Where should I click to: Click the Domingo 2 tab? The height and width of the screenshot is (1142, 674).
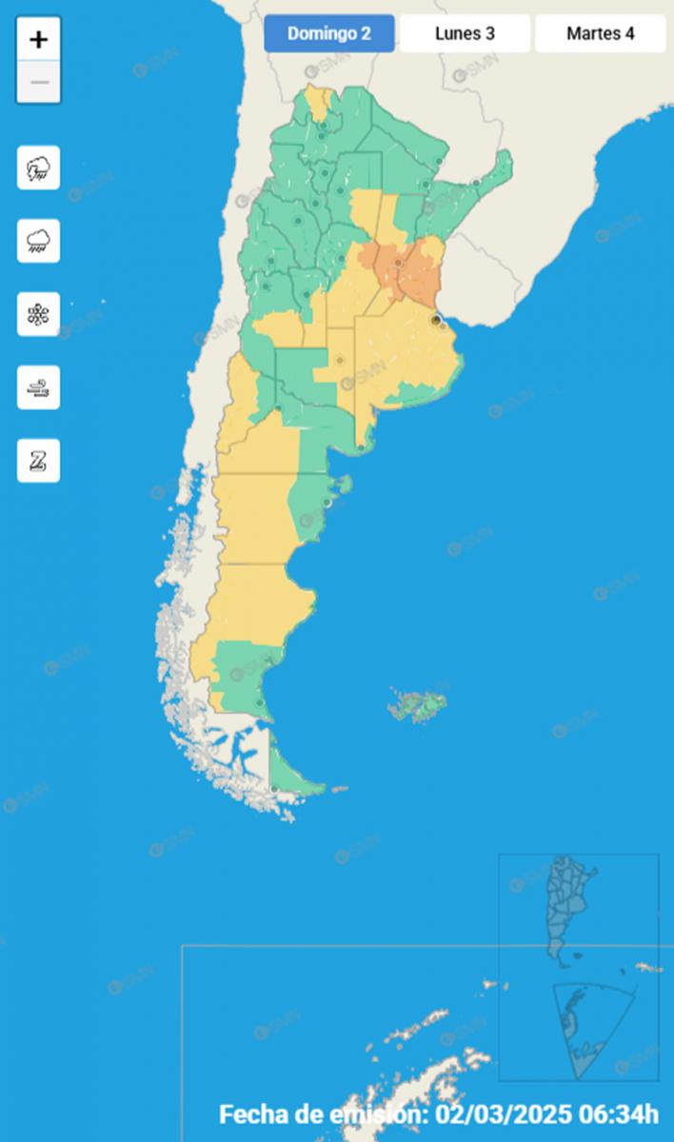(x=328, y=33)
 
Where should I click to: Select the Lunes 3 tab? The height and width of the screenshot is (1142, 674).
(x=465, y=33)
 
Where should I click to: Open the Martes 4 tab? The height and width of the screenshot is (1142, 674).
(x=600, y=33)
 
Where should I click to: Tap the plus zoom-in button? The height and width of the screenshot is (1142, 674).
(x=39, y=39)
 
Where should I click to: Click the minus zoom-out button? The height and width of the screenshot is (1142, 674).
(x=39, y=82)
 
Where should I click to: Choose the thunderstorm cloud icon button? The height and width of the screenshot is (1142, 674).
(x=38, y=168)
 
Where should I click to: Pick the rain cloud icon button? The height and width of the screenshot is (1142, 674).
(x=38, y=241)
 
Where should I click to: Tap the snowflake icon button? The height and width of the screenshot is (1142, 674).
(x=38, y=314)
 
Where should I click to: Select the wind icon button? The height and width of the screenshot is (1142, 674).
(x=38, y=387)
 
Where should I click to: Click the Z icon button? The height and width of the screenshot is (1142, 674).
(x=38, y=461)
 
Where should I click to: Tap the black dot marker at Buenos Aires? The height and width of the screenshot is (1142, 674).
(x=435, y=321)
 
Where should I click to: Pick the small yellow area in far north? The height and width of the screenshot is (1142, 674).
(x=320, y=103)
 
